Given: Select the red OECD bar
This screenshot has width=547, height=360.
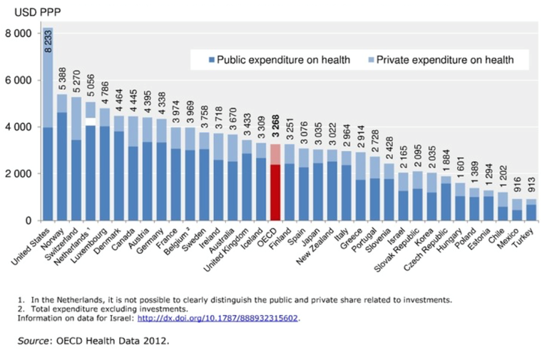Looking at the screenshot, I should (x=275, y=189).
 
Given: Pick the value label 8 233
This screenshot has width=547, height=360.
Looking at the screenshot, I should (x=49, y=41).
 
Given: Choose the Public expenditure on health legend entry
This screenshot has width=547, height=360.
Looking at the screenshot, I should (x=278, y=59).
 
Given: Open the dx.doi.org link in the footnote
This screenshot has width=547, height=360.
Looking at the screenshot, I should (x=218, y=318).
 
